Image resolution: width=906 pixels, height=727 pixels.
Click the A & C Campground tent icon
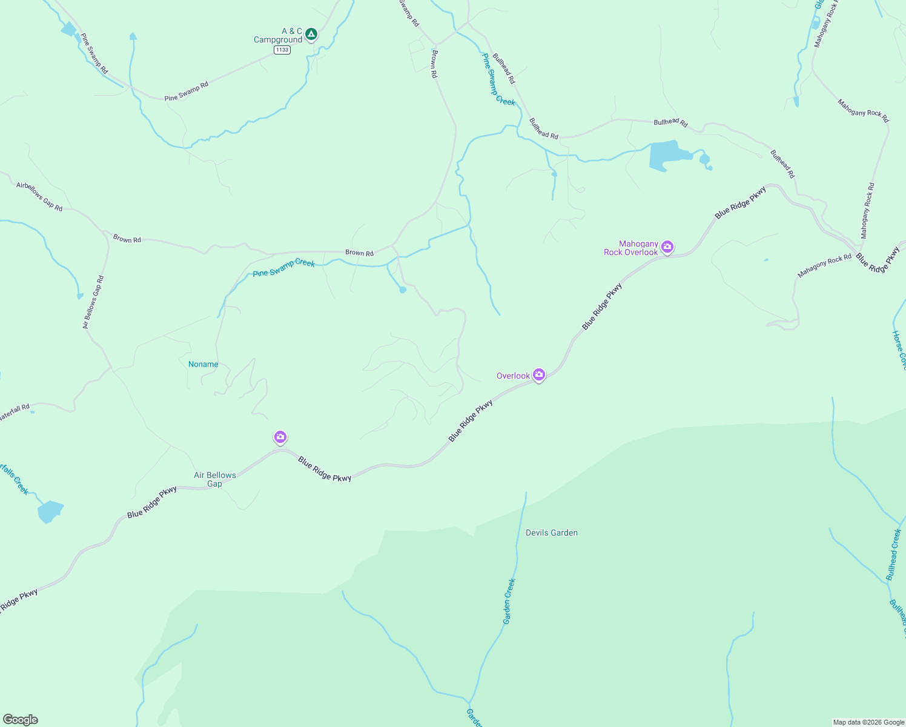coord(311,34)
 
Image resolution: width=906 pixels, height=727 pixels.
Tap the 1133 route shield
coord(282,50)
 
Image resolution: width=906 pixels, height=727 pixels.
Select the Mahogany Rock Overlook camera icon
coord(667,247)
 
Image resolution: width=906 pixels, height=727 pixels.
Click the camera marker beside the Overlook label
coord(538,375)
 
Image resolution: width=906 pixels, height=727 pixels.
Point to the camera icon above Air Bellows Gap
coord(280,437)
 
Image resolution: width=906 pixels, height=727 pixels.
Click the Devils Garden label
coord(551,533)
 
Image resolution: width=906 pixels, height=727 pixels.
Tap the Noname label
coord(203,364)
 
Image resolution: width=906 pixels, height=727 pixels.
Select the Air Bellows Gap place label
coord(215,479)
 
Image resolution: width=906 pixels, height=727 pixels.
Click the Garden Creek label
coord(509,601)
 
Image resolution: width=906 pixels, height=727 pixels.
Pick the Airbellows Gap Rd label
coord(39,196)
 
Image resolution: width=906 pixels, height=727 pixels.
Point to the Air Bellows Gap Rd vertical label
coord(93,302)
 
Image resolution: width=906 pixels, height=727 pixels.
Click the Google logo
coord(21,720)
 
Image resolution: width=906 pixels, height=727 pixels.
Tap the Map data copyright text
coord(868,722)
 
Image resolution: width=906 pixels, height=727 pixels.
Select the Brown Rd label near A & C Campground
coord(434,64)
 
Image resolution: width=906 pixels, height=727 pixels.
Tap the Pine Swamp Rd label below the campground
coord(187,91)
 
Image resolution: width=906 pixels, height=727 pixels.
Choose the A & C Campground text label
coord(279,35)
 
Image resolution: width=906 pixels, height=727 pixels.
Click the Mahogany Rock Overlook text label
coord(631,248)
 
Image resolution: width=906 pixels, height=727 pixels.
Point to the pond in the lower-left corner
coord(50,511)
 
